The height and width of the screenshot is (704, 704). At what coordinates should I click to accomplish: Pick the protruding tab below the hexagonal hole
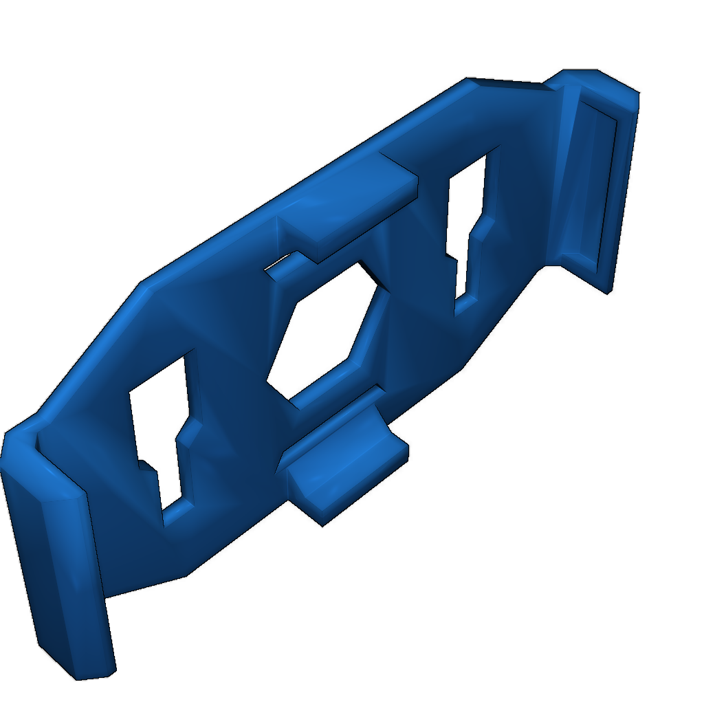344,461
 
